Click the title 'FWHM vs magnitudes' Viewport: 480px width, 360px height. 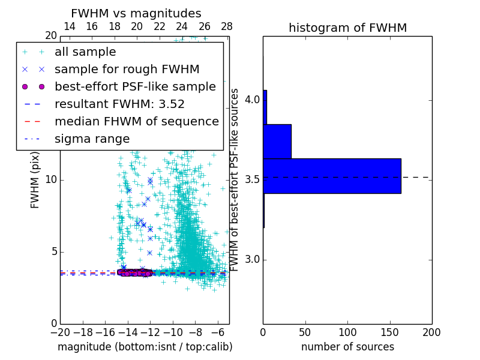coord(136,13)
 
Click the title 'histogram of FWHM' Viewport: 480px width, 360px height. coord(347,28)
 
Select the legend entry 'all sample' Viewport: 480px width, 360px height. coord(85,52)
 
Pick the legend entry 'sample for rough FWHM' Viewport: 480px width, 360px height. coord(127,70)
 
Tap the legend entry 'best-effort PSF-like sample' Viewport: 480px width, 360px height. coord(135,87)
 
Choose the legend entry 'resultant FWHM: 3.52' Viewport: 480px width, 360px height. coord(119,104)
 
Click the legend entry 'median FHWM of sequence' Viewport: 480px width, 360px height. coord(136,122)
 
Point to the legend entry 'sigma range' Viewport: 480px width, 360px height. coord(92,139)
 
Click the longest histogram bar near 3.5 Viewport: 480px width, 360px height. coord(332,176)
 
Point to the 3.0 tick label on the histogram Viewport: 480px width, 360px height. coord(252,259)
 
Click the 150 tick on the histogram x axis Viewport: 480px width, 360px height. coord(390,332)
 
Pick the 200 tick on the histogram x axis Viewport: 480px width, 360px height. coord(432,332)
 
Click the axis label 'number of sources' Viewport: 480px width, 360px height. coord(347,347)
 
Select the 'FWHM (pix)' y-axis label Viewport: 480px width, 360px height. coord(35,179)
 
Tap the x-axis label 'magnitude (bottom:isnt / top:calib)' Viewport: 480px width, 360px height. coord(145,347)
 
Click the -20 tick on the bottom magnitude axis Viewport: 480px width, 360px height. coord(60,332)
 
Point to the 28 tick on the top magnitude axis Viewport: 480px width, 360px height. coord(227,26)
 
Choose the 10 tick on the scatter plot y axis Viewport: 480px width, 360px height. coord(51,180)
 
